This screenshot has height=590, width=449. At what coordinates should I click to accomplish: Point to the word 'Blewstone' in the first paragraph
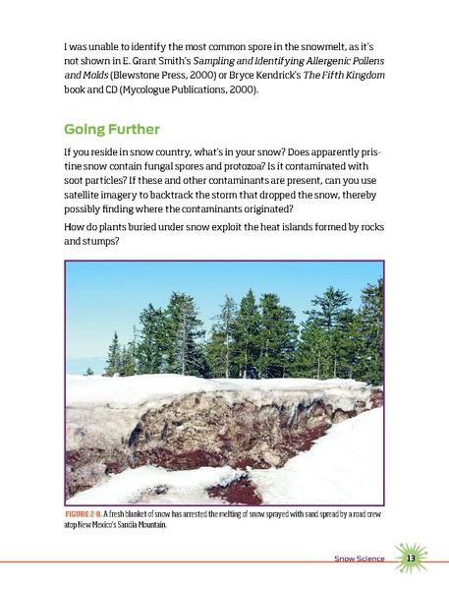148,75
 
